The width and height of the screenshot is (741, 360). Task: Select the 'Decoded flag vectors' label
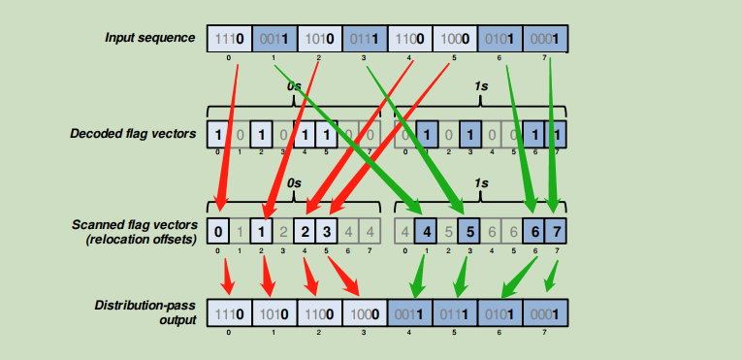coord(133,133)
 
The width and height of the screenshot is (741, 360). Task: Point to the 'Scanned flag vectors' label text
coord(134,224)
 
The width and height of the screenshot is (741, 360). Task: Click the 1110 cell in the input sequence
coord(230,38)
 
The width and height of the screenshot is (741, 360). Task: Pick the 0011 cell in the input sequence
coord(275,38)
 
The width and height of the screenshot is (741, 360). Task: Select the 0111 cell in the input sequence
coord(365,38)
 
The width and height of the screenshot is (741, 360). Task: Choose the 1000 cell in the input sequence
coord(455,38)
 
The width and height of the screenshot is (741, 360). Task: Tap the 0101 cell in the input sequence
coord(500,38)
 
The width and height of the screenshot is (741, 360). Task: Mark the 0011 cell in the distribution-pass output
coord(410,312)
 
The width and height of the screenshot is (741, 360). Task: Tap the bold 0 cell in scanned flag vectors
coord(219,232)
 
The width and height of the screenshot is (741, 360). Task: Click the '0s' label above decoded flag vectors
coord(295,86)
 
